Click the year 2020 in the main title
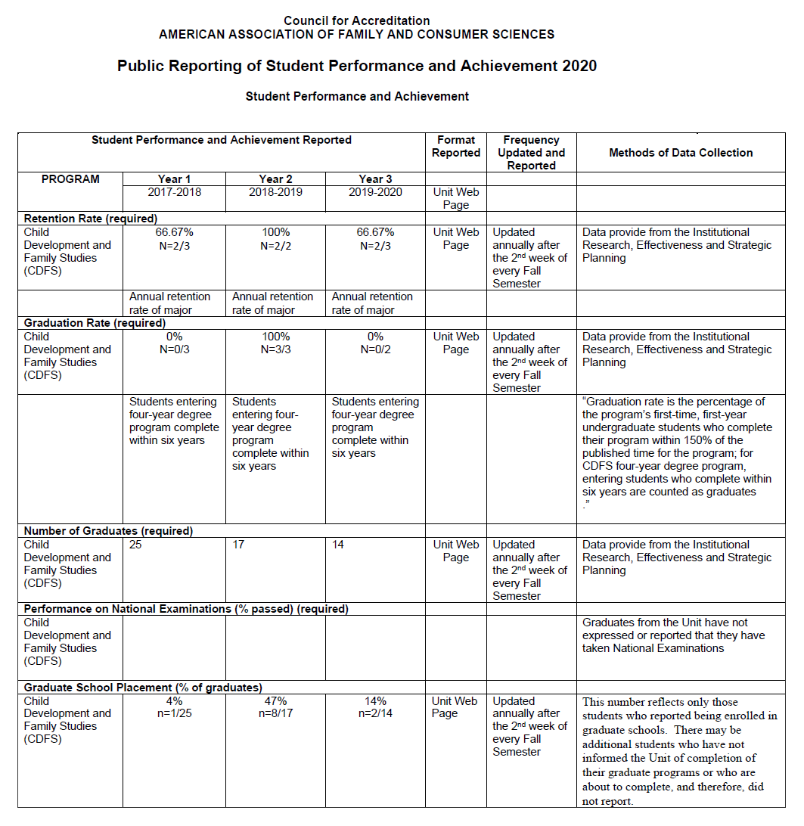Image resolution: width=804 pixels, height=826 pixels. [579, 66]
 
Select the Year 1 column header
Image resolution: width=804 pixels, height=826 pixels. [175, 179]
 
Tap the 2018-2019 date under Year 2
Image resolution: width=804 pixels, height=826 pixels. [275, 192]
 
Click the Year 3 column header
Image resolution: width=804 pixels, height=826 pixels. [375, 179]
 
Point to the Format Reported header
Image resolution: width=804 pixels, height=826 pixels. [456, 146]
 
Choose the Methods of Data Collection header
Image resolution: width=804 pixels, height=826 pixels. [681, 153]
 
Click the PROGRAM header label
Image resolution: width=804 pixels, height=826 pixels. [70, 179]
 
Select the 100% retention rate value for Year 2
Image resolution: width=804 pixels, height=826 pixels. [275, 232]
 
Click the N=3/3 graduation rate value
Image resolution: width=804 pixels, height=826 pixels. [275, 349]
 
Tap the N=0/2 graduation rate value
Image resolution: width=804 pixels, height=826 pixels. [375, 349]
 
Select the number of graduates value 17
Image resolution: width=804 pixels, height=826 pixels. [239, 545]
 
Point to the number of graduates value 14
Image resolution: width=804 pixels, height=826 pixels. [338, 545]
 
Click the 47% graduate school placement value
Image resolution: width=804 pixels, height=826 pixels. [275, 701]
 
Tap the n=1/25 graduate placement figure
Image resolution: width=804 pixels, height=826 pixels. [175, 713]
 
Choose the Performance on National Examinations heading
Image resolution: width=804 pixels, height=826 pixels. [186, 609]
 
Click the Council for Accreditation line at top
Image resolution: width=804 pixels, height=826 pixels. [357, 21]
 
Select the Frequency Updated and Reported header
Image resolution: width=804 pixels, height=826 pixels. [531, 153]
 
